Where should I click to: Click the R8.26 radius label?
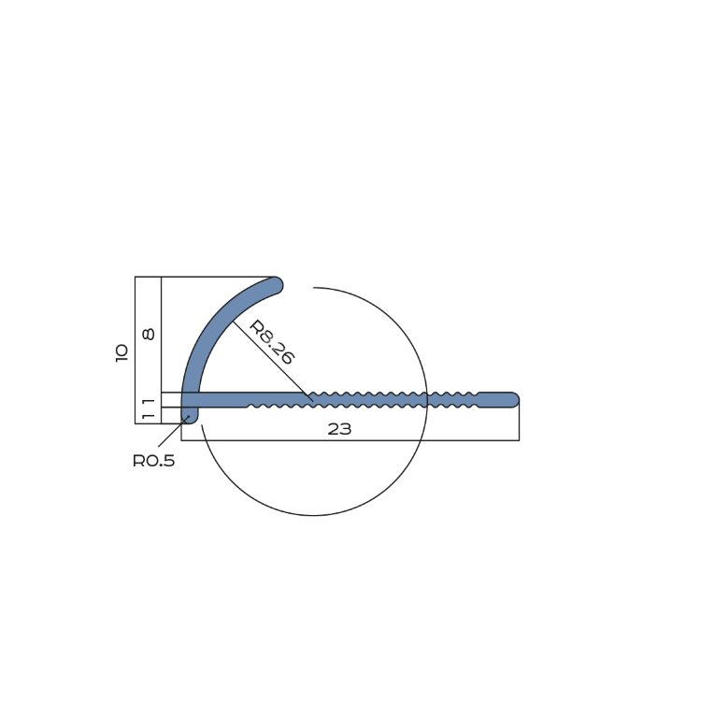coord(271,342)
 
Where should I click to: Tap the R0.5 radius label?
coord(154,461)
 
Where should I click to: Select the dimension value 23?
coord(339,429)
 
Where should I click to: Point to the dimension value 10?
coord(122,353)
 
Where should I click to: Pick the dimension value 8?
coord(149,334)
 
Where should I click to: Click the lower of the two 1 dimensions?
coord(149,416)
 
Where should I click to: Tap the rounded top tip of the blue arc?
coord(277,284)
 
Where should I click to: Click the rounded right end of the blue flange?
coord(513,400)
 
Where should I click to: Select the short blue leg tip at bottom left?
coord(190,418)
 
